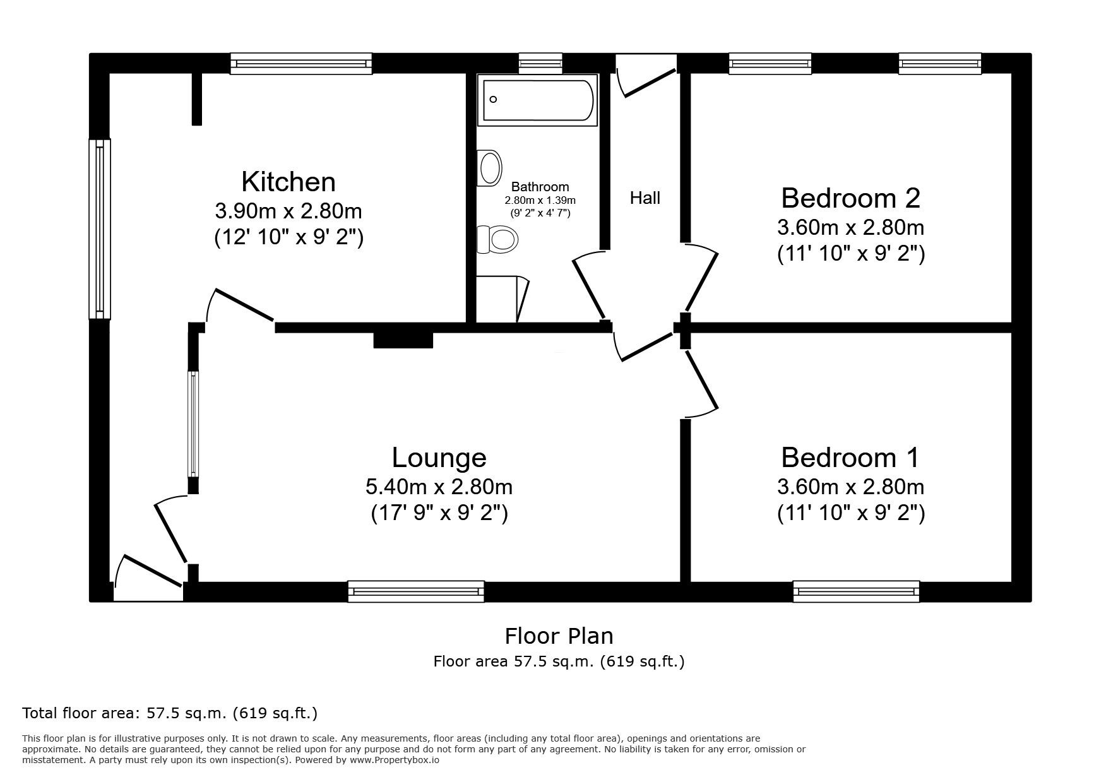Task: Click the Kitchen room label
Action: click(x=288, y=182)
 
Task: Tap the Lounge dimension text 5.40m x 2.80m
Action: click(x=439, y=487)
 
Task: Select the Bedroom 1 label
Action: click(x=850, y=457)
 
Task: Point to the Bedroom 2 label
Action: click(x=850, y=198)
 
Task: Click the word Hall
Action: click(x=645, y=198)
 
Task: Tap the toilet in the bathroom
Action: click(x=499, y=239)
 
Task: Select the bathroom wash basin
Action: click(x=490, y=168)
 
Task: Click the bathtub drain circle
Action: click(x=493, y=99)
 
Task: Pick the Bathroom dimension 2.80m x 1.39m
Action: click(x=540, y=200)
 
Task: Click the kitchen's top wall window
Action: click(x=300, y=63)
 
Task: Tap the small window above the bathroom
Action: click(x=540, y=62)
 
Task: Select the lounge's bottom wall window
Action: click(x=415, y=591)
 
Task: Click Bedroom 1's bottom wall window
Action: click(x=856, y=591)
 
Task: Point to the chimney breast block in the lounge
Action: click(x=403, y=340)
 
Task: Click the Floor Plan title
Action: click(x=559, y=636)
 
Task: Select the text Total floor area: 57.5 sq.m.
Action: click(x=169, y=713)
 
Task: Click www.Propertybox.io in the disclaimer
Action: click(x=395, y=760)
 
